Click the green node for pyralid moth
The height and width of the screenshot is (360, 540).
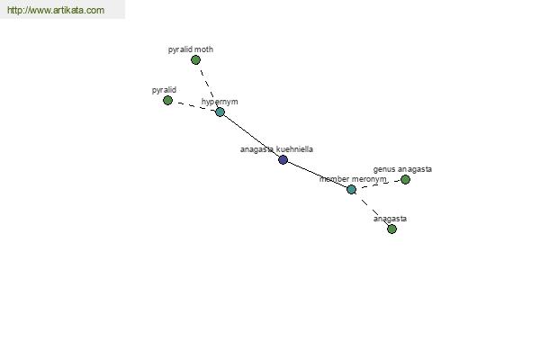[x=195, y=60]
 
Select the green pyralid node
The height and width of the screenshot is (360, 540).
[x=167, y=100]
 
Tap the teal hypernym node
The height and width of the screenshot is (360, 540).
[x=220, y=112]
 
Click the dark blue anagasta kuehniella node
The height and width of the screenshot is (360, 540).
[x=283, y=159]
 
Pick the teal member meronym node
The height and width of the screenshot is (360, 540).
[x=351, y=189]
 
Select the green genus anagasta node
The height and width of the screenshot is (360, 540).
[x=405, y=179]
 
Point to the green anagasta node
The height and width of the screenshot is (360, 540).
[x=391, y=229]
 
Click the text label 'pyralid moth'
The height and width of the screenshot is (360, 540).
[x=191, y=49]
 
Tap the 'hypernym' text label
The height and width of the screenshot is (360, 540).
[x=220, y=102]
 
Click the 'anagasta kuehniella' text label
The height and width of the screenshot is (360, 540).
[x=276, y=149]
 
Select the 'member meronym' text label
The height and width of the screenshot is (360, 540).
[x=353, y=179]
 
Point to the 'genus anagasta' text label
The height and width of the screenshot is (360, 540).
[x=402, y=169]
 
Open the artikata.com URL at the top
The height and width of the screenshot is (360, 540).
[x=56, y=10]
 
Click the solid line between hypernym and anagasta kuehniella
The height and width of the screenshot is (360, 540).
[x=251, y=136]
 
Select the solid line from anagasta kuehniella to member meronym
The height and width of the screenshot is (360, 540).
[x=317, y=175]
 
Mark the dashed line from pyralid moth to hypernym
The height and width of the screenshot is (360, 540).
[x=208, y=85]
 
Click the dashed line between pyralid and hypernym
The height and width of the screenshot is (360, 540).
[x=193, y=106]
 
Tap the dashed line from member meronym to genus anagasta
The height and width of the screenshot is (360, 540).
[x=378, y=184]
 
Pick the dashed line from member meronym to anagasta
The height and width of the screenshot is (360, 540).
[x=371, y=209]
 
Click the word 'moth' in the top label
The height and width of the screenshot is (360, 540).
[x=203, y=49]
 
